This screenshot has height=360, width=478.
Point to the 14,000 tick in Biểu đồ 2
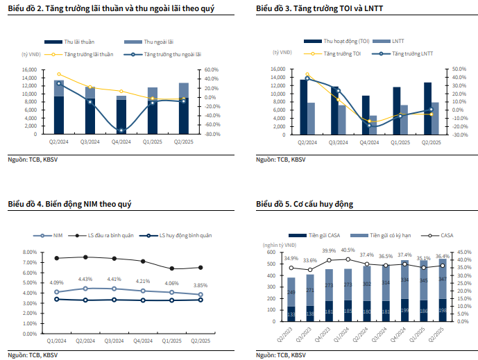click(28, 78)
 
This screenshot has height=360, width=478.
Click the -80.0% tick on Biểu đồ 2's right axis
click(209, 134)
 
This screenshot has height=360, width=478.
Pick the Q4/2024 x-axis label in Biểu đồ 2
click(121, 142)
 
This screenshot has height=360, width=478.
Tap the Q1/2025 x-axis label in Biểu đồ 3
click(400, 142)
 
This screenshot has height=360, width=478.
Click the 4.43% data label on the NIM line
click(85, 279)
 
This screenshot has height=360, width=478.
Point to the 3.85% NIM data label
click(201, 285)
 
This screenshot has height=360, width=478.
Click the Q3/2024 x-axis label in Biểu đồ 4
click(114, 341)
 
